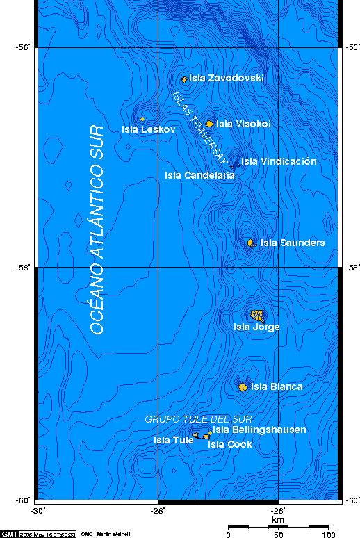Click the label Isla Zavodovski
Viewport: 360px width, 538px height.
pyautogui.click(x=227, y=79)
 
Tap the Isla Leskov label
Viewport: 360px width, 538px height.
pyautogui.click(x=144, y=129)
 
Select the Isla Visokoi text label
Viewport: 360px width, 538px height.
pyautogui.click(x=243, y=124)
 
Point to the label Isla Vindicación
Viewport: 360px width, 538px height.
pyautogui.click(x=279, y=161)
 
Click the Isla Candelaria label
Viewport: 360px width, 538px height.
pyautogui.click(x=199, y=175)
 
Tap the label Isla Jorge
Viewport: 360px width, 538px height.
pyautogui.click(x=256, y=327)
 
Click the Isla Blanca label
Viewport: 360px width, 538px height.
pyautogui.click(x=277, y=386)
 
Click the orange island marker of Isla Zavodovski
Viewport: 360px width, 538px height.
pyautogui.click(x=184, y=79)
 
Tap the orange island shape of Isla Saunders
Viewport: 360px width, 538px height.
pyautogui.click(x=251, y=243)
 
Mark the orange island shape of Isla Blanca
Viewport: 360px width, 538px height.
pyautogui.click(x=243, y=387)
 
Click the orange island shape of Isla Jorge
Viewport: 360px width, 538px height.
pyautogui.click(x=258, y=314)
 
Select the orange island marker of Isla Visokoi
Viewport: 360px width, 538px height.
pyautogui.click(x=210, y=124)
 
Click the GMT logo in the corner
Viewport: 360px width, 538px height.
pyautogui.click(x=10, y=534)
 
